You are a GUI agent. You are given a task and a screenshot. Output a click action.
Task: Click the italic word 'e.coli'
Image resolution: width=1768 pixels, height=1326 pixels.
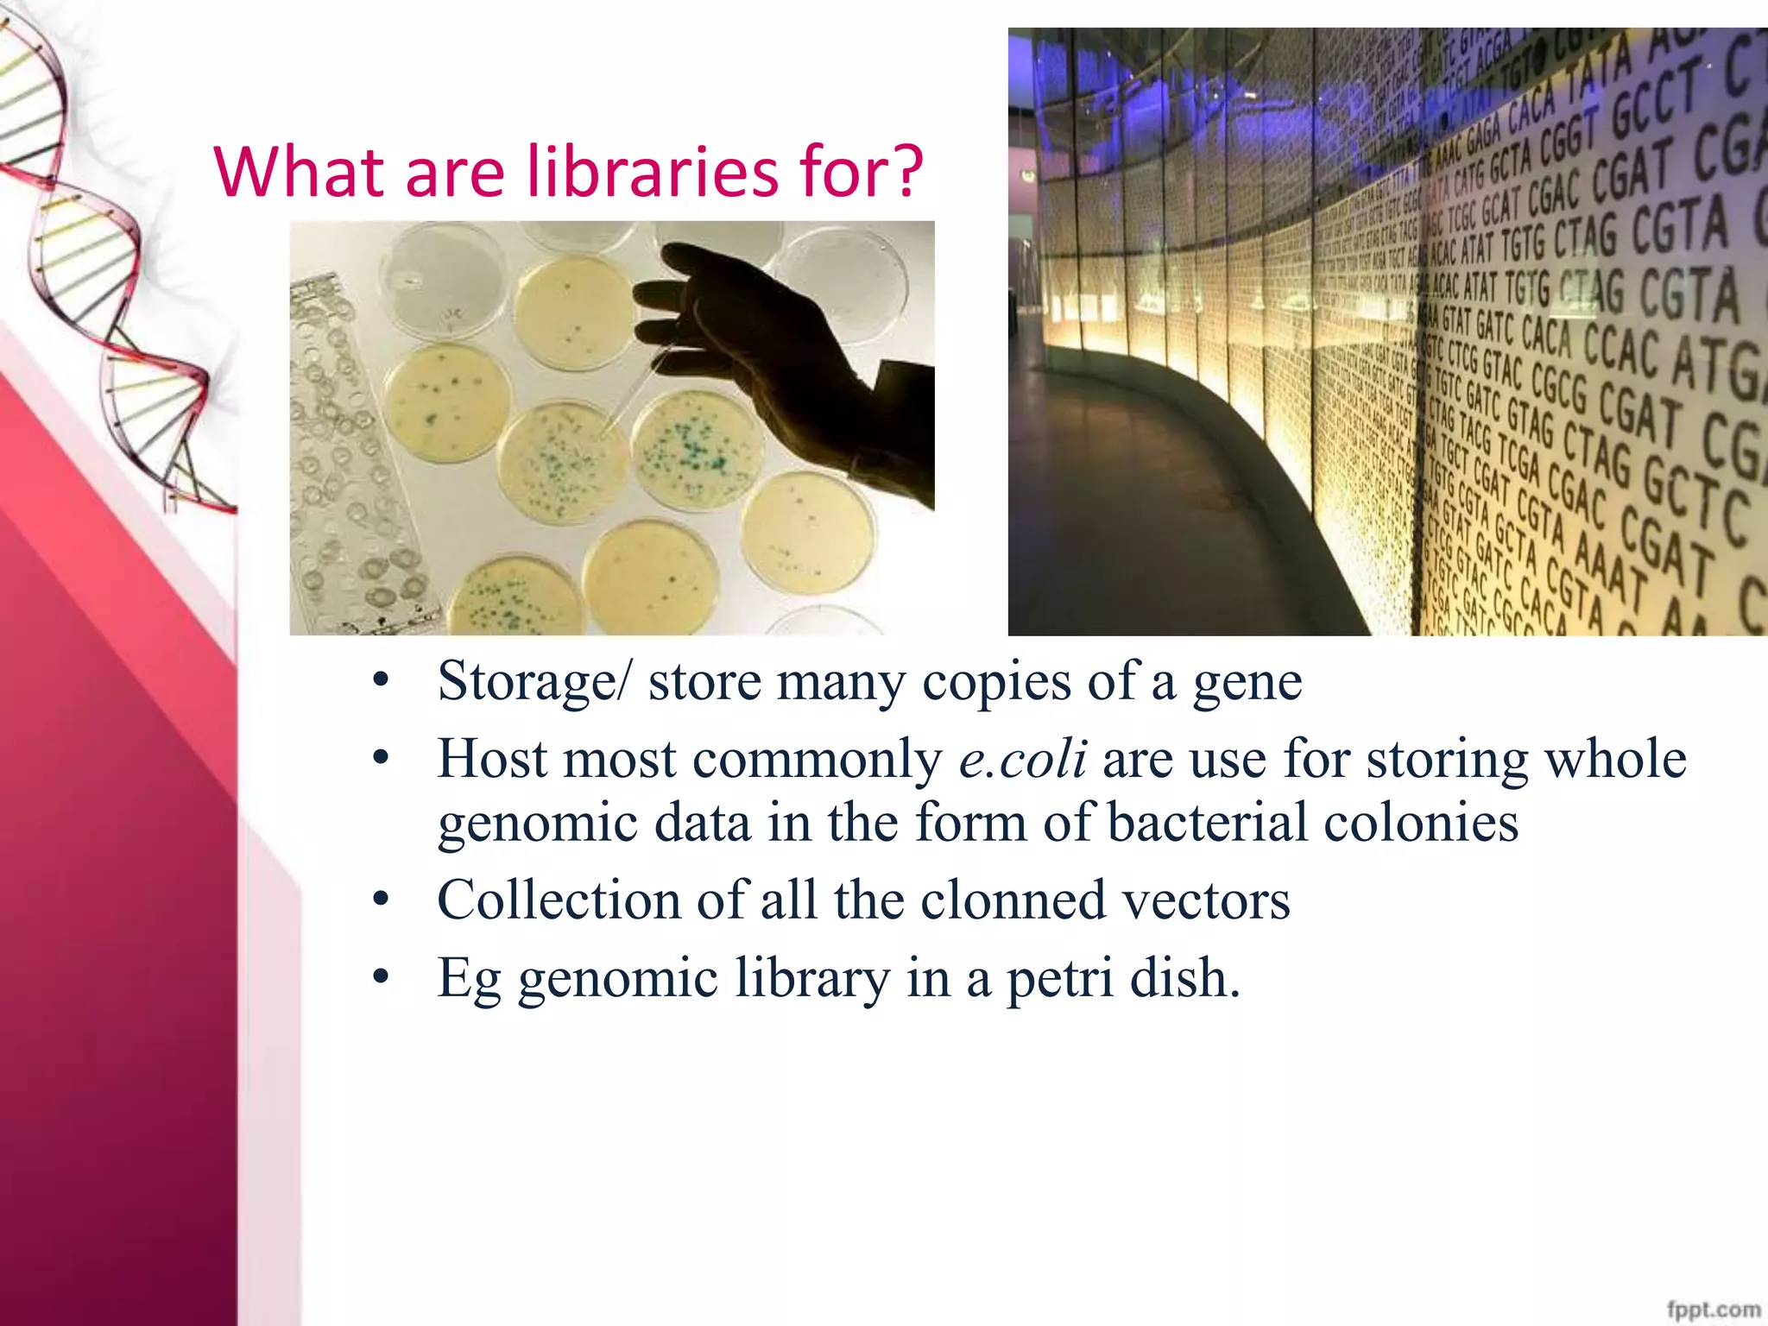click(x=1023, y=760)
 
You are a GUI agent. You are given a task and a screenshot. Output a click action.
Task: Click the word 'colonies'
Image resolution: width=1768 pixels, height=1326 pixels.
click(x=1421, y=822)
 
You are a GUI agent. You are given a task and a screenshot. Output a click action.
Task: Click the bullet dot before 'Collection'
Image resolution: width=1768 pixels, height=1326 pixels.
click(x=381, y=900)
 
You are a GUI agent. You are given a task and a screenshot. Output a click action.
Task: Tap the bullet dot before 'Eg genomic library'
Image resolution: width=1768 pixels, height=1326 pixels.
click(x=381, y=978)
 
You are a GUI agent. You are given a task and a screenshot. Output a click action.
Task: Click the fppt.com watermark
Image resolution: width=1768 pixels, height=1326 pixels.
click(x=1714, y=1309)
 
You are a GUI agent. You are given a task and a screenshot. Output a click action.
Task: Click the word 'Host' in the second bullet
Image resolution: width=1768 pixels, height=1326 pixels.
click(x=492, y=760)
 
